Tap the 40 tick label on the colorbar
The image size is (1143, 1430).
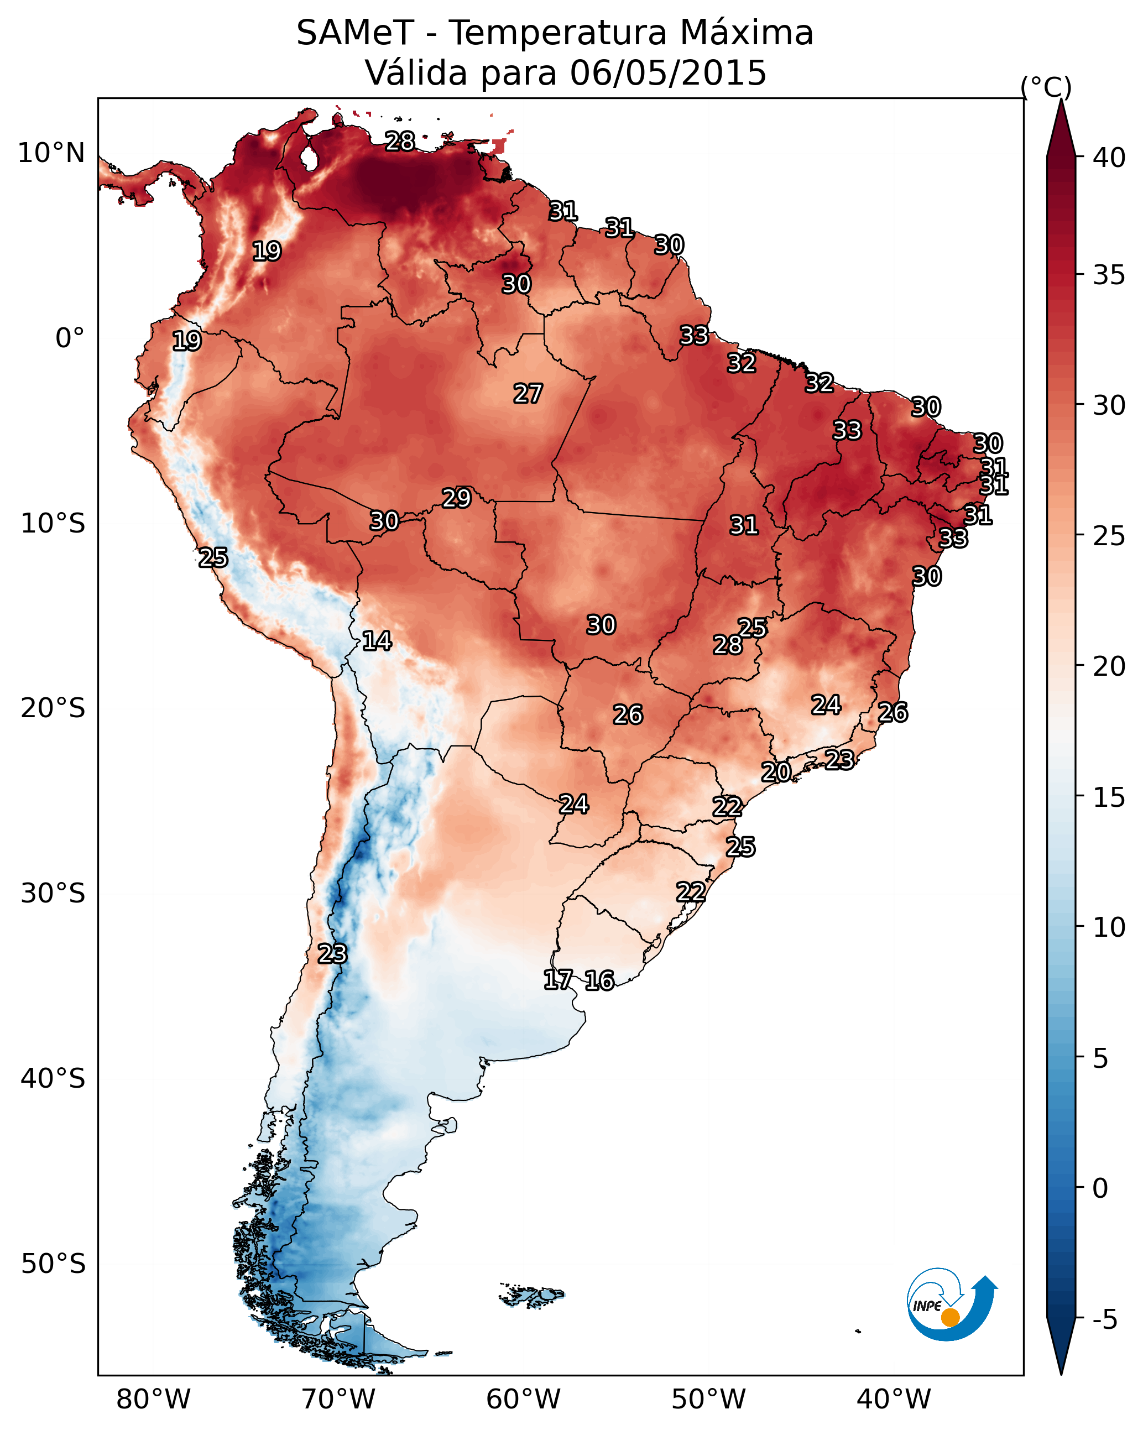pos(1109,158)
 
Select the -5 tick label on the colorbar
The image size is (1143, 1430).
pos(1104,1319)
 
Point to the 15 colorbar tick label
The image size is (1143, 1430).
pos(1109,797)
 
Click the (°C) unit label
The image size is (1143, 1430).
pos(1046,87)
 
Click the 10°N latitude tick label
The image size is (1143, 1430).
pos(51,153)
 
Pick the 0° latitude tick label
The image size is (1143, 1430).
pos(70,338)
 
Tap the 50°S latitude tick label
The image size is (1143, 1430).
pos(53,1264)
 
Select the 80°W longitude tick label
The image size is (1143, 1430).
pos(153,1400)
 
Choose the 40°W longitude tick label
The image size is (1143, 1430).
pos(894,1400)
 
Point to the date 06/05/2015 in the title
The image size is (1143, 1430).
pos(668,73)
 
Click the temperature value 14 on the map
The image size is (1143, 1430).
pos(377,641)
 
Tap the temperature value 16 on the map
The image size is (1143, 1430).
pos(599,980)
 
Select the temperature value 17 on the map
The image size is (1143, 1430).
pos(558,980)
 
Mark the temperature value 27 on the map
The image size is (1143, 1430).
pos(528,394)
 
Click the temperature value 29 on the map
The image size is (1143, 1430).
pos(456,498)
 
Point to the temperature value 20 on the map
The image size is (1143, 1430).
pos(775,772)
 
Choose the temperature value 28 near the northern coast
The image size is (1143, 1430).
pos(400,141)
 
